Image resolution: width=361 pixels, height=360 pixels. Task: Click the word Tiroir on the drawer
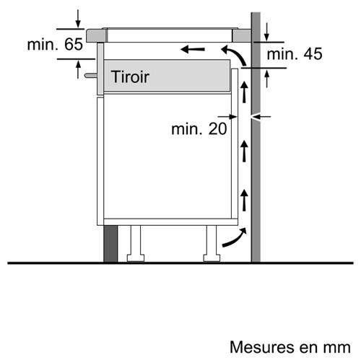pos(130,77)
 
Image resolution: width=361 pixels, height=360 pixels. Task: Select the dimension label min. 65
pos(55,44)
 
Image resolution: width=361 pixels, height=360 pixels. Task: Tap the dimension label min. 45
pos(295,53)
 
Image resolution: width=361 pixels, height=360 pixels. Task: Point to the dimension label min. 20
pos(199,128)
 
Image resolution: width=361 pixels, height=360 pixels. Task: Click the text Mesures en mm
pos(290,347)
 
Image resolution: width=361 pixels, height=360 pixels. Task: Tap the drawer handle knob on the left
pos(90,76)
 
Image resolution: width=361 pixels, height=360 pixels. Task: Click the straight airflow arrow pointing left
pos(193,50)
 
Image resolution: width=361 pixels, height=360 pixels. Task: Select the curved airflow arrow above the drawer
pos(234,55)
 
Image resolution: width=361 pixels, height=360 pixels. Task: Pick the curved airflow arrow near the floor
pos(235,237)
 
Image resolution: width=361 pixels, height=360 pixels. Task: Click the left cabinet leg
pos(136,244)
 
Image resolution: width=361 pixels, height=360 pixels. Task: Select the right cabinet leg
pos(212,244)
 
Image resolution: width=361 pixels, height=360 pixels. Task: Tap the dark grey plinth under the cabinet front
pos(110,244)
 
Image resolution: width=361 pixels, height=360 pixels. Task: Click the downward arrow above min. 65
pos(78,19)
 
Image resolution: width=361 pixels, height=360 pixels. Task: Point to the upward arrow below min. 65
pos(78,69)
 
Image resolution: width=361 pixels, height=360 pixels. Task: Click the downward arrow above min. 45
pos(266,32)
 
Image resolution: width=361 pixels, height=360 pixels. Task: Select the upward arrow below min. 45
pos(266,79)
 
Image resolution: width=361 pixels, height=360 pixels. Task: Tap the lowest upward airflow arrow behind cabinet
pos(245,200)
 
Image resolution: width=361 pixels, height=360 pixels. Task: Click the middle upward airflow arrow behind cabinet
pos(245,151)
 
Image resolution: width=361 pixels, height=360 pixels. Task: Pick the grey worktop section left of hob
pos(97,35)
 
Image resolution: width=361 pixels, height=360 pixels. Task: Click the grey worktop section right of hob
pos(242,35)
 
